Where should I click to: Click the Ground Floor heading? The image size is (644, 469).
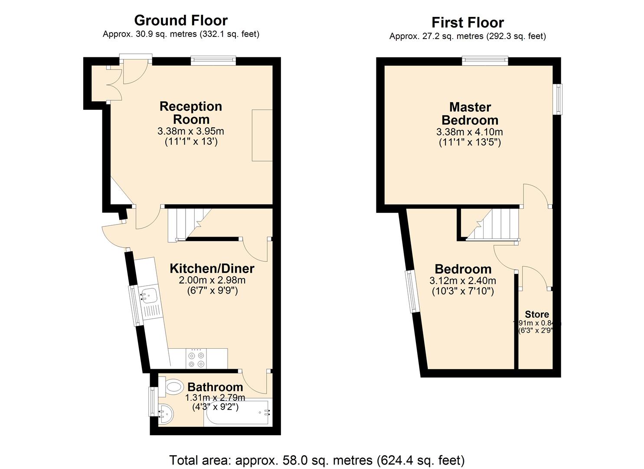180,20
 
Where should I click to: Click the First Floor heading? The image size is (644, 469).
467,23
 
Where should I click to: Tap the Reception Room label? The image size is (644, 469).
191,113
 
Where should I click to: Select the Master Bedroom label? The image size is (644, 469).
470,113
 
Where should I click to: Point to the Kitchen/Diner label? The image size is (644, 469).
212,268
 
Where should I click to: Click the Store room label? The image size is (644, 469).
536,314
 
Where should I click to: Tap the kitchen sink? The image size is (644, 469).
147,295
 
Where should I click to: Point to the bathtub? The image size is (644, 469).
238,413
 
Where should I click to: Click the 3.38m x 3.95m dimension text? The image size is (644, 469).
191,131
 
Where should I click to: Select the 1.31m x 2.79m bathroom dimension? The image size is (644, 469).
215,398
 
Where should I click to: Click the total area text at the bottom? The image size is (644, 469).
317,460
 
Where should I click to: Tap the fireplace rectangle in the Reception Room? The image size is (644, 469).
262,135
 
